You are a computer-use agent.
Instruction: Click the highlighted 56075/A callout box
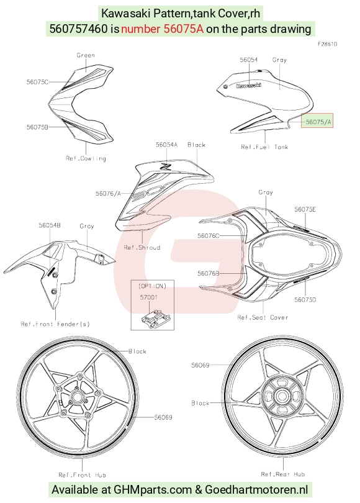tap(317, 120)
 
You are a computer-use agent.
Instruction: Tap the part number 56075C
tap(37, 82)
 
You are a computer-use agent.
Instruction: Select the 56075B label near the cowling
tap(37, 127)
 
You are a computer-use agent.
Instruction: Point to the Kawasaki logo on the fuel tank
tap(248, 85)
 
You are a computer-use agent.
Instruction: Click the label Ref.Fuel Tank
tap(264, 147)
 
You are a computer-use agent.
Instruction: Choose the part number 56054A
tap(166, 145)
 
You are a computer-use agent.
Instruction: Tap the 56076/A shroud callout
tap(108, 193)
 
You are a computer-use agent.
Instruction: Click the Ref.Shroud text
tap(142, 247)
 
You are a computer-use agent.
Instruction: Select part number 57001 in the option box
tap(148, 297)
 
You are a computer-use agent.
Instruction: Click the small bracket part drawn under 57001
tap(155, 318)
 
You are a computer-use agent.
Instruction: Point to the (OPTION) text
tap(152, 286)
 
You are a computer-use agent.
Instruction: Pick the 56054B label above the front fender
tap(50, 225)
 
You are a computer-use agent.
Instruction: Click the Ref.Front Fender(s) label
tap(55, 324)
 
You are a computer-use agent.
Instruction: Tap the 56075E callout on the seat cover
tap(305, 209)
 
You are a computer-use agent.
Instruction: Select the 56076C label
tap(209, 236)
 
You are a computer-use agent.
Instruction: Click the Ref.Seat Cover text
tap(263, 317)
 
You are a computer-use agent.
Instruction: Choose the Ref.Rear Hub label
tap(283, 474)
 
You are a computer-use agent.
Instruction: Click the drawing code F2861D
tap(327, 44)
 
